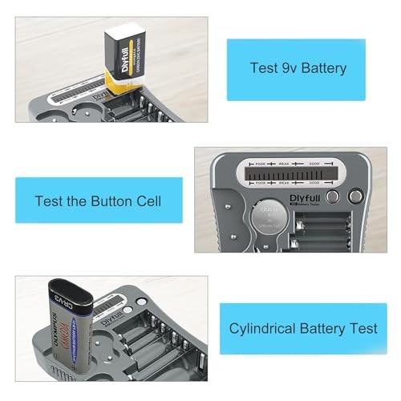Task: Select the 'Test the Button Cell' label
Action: [x=98, y=200]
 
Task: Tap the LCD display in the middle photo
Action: [x=289, y=173]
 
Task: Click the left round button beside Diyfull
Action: [x=333, y=196]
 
